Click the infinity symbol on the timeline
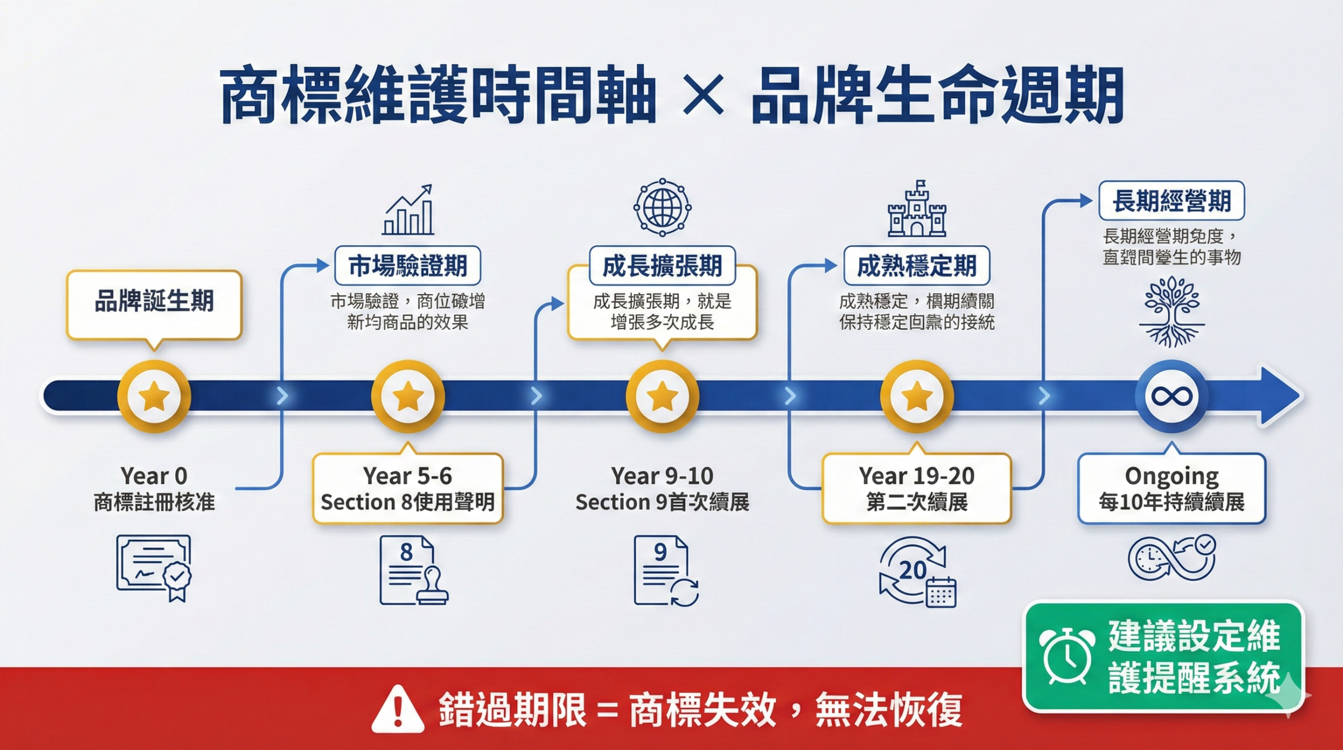pyautogui.click(x=1171, y=396)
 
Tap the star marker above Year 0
pyautogui.click(x=154, y=396)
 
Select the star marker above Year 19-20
pyautogui.click(x=916, y=396)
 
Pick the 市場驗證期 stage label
pyautogui.click(x=408, y=266)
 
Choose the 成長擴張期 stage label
pyautogui.click(x=662, y=266)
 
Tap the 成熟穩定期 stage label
pyautogui.click(x=916, y=266)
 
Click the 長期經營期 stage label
pyautogui.click(x=1171, y=201)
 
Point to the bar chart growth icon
pyautogui.click(x=408, y=210)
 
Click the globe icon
pyautogui.click(x=662, y=207)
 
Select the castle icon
pyautogui.click(x=916, y=210)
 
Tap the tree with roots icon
pyautogui.click(x=1171, y=312)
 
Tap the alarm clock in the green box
pyautogui.click(x=1066, y=656)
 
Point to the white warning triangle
pyautogui.click(x=398, y=709)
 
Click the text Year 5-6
pyautogui.click(x=408, y=476)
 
